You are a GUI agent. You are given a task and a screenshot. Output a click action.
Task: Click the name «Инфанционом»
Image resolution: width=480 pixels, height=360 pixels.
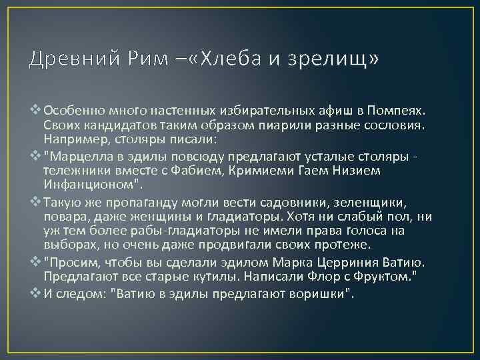[89, 185]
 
